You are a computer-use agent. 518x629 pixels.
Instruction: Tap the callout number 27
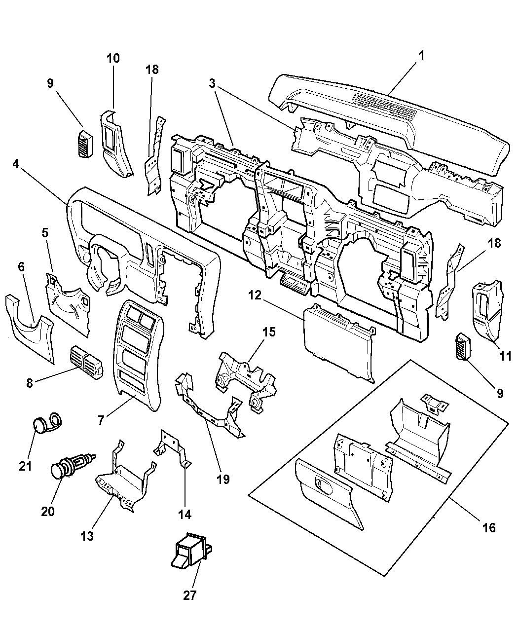[x=190, y=595]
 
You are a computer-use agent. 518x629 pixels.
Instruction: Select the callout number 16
[x=488, y=527]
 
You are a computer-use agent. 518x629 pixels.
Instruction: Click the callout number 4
[x=16, y=164]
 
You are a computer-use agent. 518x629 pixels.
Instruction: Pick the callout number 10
[x=113, y=58]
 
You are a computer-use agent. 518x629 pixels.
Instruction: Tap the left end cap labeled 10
[x=116, y=143]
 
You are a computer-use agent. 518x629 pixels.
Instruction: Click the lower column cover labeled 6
[x=30, y=326]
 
